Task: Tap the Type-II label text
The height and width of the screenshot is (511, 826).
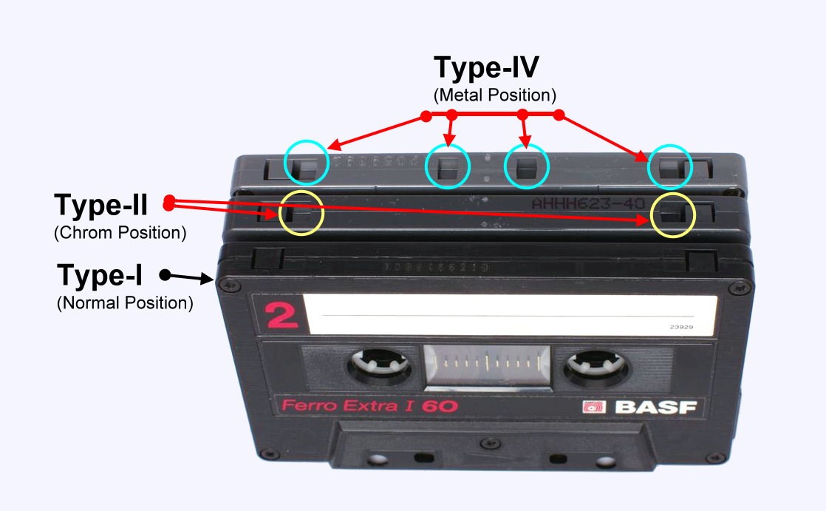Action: [101, 205]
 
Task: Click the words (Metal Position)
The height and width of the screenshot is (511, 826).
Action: [494, 95]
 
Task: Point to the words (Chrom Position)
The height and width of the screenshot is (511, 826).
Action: [120, 232]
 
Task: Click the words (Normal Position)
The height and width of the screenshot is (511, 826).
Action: [125, 302]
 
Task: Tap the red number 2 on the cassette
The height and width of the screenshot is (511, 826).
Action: [281, 316]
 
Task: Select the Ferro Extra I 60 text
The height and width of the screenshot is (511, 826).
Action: [366, 406]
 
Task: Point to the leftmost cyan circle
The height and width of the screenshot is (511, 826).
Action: [306, 163]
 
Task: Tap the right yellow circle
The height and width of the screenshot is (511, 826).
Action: [673, 215]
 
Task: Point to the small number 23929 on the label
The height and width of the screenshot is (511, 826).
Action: [681, 325]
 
